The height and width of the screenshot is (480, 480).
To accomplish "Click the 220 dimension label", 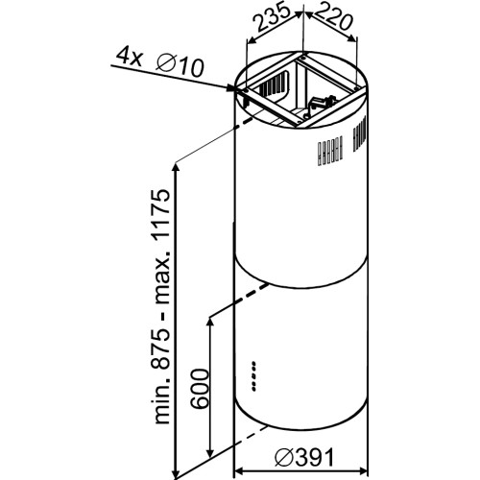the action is pos(332,18).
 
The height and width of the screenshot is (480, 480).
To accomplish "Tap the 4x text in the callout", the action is pos(125,58).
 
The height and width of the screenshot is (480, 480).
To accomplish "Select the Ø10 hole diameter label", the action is pos(180,65).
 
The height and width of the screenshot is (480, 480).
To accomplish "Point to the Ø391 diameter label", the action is pos(304,457).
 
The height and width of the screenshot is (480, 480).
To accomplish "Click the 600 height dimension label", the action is pos(200,389).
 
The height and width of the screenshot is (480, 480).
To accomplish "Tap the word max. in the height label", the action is pos(161,277).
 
